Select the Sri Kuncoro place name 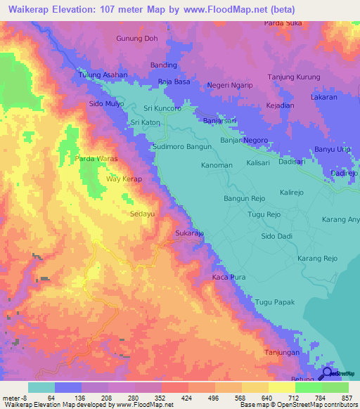162,109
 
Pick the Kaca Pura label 228,278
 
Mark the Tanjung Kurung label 294,77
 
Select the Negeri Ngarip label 229,86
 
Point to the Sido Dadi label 277,238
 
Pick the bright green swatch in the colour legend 308,387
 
